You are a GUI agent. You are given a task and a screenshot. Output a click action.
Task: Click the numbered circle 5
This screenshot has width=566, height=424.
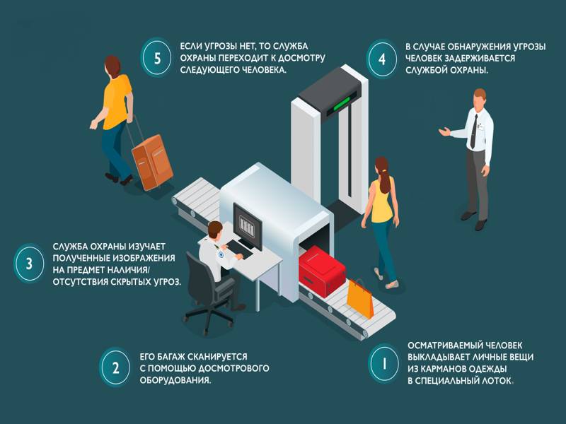click(156, 58)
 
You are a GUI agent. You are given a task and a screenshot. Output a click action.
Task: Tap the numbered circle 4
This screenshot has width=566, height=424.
click(382, 59)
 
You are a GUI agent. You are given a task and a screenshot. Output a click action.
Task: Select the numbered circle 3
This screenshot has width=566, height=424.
click(29, 264)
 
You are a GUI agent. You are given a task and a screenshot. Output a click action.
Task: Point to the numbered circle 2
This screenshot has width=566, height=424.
click(115, 367)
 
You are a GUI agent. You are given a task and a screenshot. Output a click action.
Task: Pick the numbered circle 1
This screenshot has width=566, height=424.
click(384, 363)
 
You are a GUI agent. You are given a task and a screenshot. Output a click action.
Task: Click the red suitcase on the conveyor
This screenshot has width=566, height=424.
click(321, 271)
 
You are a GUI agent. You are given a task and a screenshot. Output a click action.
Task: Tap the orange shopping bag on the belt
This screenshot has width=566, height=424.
click(360, 298)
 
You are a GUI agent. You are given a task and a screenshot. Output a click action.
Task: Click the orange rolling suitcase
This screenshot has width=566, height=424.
click(152, 162)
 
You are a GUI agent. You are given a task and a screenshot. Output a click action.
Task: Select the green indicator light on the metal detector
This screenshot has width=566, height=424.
click(341, 103)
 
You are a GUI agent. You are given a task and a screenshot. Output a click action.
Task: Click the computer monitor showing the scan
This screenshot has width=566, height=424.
click(248, 226)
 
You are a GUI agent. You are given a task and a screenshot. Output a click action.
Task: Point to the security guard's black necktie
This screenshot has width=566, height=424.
click(473, 132)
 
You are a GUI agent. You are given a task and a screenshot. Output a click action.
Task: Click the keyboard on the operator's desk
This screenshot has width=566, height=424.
click(241, 249)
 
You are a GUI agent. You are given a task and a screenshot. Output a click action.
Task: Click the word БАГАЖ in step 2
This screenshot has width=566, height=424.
click(171, 357)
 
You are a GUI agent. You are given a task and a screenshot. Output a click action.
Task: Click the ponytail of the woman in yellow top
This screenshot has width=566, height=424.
click(386, 180)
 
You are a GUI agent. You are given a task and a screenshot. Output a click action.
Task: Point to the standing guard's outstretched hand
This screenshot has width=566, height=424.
click(444, 131)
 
